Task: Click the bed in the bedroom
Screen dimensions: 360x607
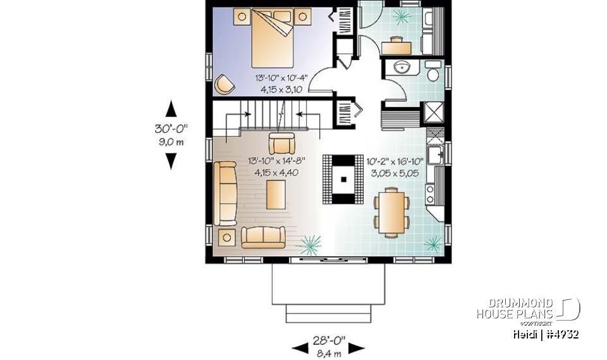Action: pos(273,38)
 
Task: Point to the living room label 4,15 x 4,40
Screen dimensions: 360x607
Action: pos(276,171)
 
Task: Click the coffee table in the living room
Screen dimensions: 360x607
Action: pos(275,194)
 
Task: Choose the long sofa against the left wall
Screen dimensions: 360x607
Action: pos(224,194)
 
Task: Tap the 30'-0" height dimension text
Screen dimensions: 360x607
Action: pos(171,128)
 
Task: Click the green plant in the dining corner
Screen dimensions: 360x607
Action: pos(434,243)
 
